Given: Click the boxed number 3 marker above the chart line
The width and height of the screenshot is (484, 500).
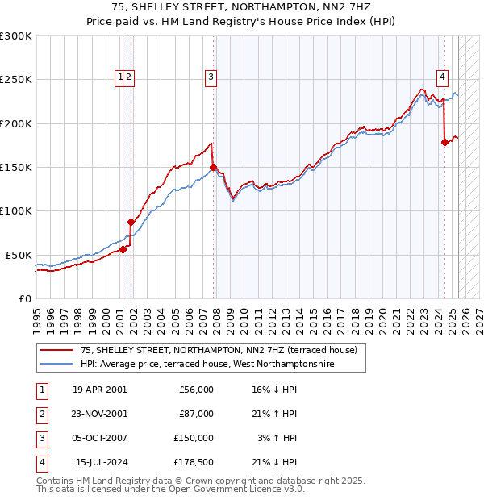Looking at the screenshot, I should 211,77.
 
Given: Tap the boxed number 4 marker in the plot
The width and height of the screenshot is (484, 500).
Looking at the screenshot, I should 443,77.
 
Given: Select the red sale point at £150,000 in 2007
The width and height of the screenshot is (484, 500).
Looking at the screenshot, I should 213,168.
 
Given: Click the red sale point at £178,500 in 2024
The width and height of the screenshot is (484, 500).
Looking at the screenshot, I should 444,143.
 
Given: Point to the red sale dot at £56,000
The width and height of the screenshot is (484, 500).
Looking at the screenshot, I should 123,250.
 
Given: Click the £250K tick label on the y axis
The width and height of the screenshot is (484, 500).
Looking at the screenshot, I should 16,80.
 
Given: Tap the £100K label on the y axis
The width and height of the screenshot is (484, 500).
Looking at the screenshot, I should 16,210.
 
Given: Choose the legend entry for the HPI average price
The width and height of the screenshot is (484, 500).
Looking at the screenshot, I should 207,365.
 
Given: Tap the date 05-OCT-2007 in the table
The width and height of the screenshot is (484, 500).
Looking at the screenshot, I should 99,438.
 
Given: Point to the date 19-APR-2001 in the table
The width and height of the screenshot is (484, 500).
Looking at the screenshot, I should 99,390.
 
